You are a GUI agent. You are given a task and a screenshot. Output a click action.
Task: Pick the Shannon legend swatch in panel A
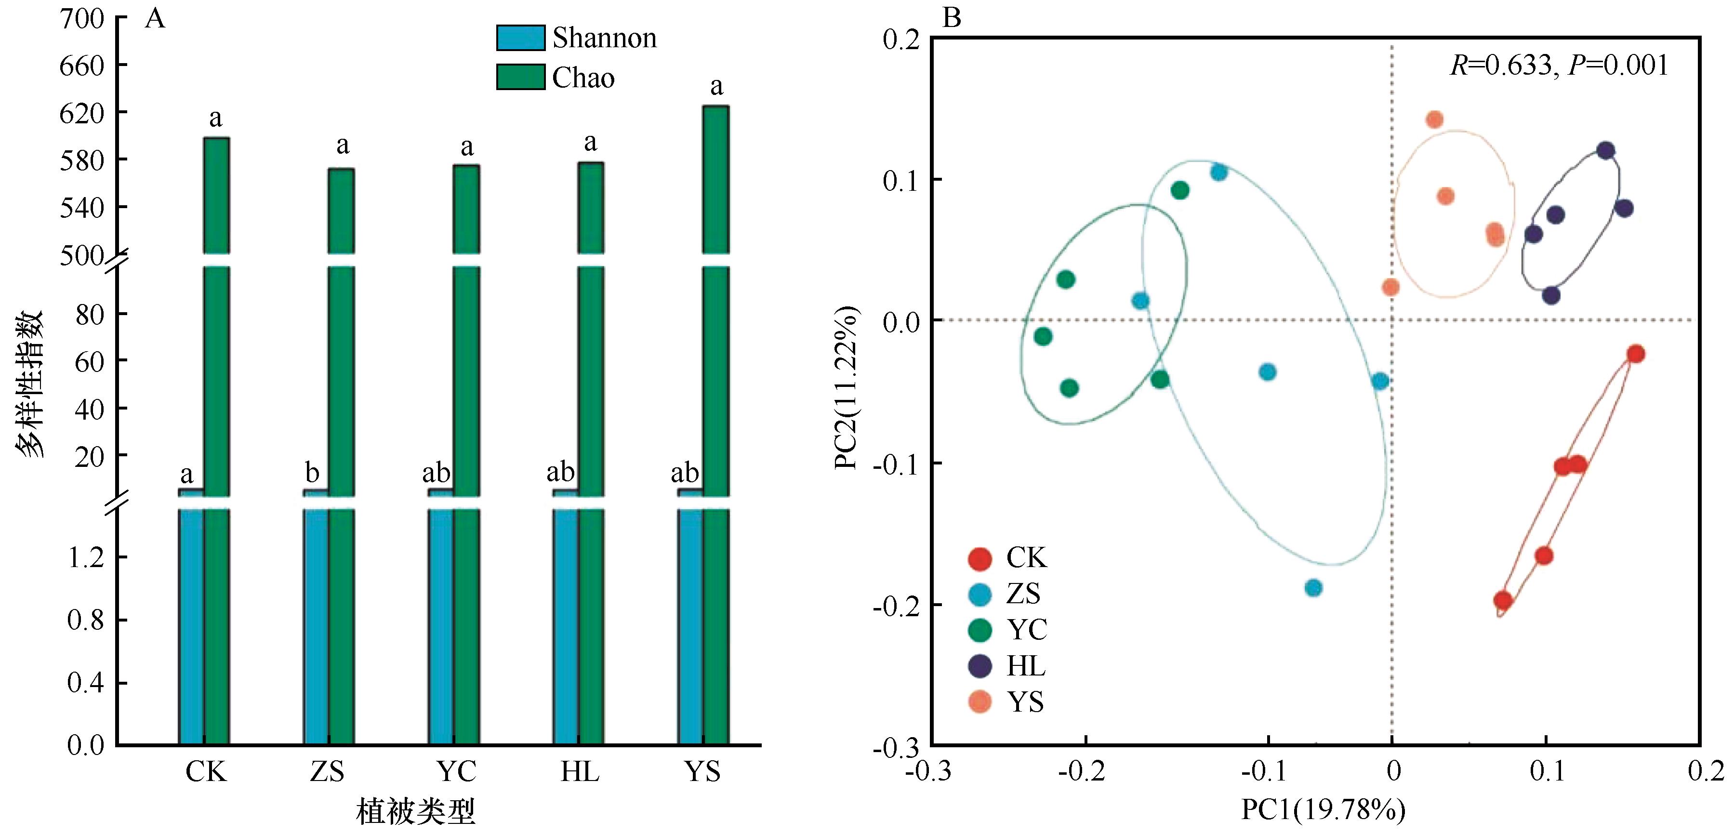pyautogui.click(x=520, y=38)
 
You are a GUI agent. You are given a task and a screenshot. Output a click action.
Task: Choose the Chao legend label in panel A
pyautogui.click(x=583, y=78)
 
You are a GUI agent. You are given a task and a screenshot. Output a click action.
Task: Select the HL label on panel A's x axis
pyautogui.click(x=580, y=771)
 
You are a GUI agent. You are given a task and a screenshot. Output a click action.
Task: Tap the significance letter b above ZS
pyautogui.click(x=312, y=473)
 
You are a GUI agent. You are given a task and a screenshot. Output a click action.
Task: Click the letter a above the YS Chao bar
pyautogui.click(x=717, y=86)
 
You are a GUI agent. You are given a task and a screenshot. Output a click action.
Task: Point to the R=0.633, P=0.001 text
pyautogui.click(x=1559, y=66)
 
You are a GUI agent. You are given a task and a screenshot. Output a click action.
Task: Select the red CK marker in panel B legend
pyautogui.click(x=980, y=558)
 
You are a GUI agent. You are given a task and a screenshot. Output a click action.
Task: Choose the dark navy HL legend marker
pyautogui.click(x=980, y=666)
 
